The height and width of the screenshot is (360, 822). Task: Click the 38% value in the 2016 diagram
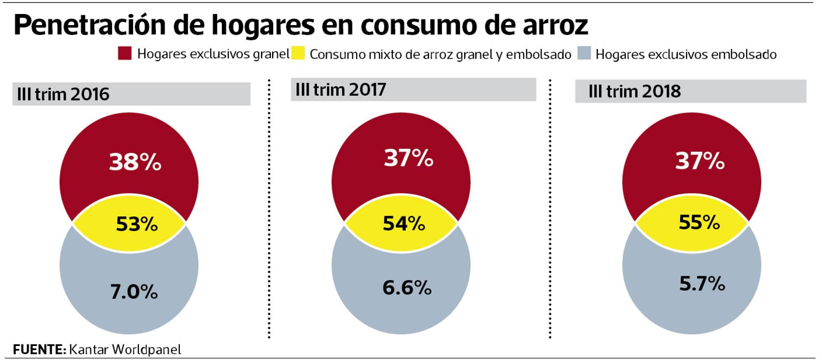(135, 162)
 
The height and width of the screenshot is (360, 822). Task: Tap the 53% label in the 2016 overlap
(136, 224)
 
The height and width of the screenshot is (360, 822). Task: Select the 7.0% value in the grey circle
(134, 292)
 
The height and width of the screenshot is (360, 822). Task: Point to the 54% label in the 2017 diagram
(404, 223)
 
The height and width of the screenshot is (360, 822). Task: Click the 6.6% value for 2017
(406, 287)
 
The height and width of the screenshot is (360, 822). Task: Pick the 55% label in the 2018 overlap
(699, 222)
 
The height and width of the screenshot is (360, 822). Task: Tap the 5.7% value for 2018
(702, 284)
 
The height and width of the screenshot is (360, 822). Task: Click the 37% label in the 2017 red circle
(408, 158)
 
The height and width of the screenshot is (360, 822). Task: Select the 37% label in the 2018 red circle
(700, 161)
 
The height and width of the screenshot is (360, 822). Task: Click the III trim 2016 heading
(63, 95)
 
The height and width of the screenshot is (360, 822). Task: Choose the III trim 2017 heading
(340, 90)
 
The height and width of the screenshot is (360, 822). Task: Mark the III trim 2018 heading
(634, 91)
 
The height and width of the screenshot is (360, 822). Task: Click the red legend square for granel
(125, 53)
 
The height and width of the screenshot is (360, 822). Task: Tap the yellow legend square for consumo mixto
(298, 53)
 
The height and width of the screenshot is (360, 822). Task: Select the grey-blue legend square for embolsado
(584, 53)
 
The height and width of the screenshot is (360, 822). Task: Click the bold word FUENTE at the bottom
(39, 350)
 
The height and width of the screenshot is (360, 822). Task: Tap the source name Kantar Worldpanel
(125, 350)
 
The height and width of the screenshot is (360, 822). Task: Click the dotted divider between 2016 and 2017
(269, 210)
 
